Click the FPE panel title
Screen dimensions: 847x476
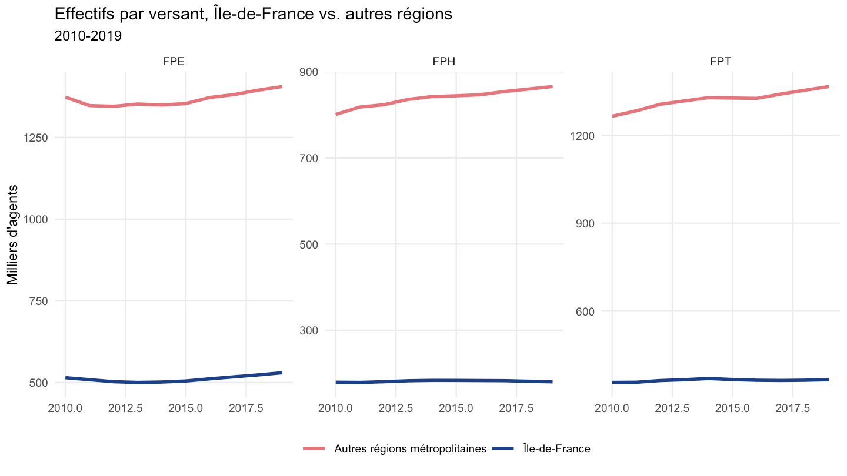coord(174,61)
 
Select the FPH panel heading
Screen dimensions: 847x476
coord(444,61)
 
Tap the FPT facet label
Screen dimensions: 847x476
coord(721,61)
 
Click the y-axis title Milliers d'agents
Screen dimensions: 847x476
coord(12,234)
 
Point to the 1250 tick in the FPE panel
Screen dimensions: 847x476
coord(36,138)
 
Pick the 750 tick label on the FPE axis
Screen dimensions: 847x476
coord(39,301)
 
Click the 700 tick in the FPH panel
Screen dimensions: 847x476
coord(309,158)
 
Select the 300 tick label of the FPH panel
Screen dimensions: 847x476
coord(309,330)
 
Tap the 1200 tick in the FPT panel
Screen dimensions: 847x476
coord(582,136)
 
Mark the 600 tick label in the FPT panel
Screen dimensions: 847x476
coord(585,311)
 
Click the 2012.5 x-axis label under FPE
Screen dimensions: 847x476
coord(125,408)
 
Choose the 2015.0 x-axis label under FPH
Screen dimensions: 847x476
coord(456,408)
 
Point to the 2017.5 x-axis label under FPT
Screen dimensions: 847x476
coord(793,408)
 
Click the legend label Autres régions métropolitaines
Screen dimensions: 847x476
coord(411,449)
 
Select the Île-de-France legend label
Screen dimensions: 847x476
coord(557,449)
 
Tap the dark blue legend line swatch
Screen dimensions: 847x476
coord(503,449)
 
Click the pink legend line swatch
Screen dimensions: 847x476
coord(314,449)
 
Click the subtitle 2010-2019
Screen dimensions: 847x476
coord(88,36)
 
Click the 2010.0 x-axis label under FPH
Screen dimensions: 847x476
coord(335,408)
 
